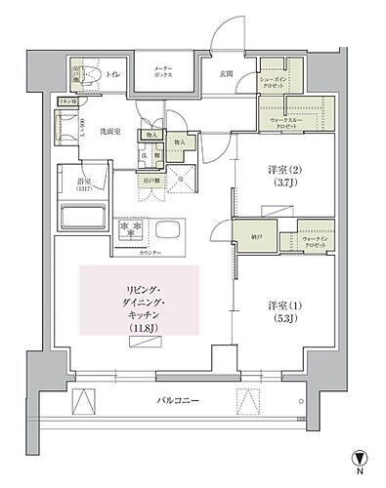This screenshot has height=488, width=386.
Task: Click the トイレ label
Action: [x=115, y=71]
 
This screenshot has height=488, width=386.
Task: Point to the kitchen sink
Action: [x=165, y=232]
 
